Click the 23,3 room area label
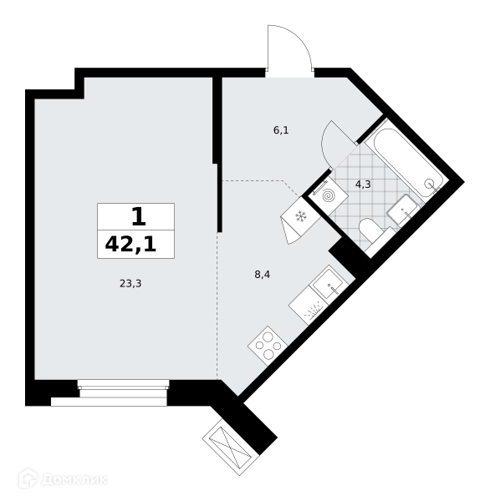point(130,283)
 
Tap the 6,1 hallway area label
point(281,130)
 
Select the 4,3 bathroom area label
point(363,185)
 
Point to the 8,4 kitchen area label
point(262,274)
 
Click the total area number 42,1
point(130,245)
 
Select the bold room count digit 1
point(139,216)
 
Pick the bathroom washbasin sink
point(403,210)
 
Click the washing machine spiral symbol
point(329,195)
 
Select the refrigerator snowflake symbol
point(301,216)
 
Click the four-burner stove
point(268,346)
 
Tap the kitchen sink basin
point(329,284)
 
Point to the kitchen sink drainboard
point(308,306)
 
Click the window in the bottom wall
point(123,392)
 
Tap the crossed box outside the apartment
point(231,447)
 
